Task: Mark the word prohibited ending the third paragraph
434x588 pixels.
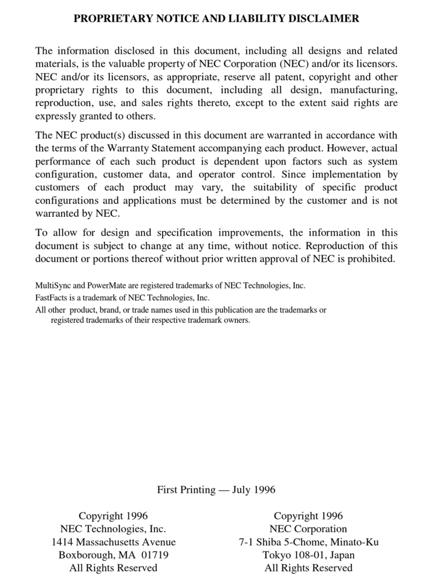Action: (x=372, y=258)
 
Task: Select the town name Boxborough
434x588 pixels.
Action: (x=84, y=555)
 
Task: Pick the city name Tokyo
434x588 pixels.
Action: (x=276, y=555)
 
